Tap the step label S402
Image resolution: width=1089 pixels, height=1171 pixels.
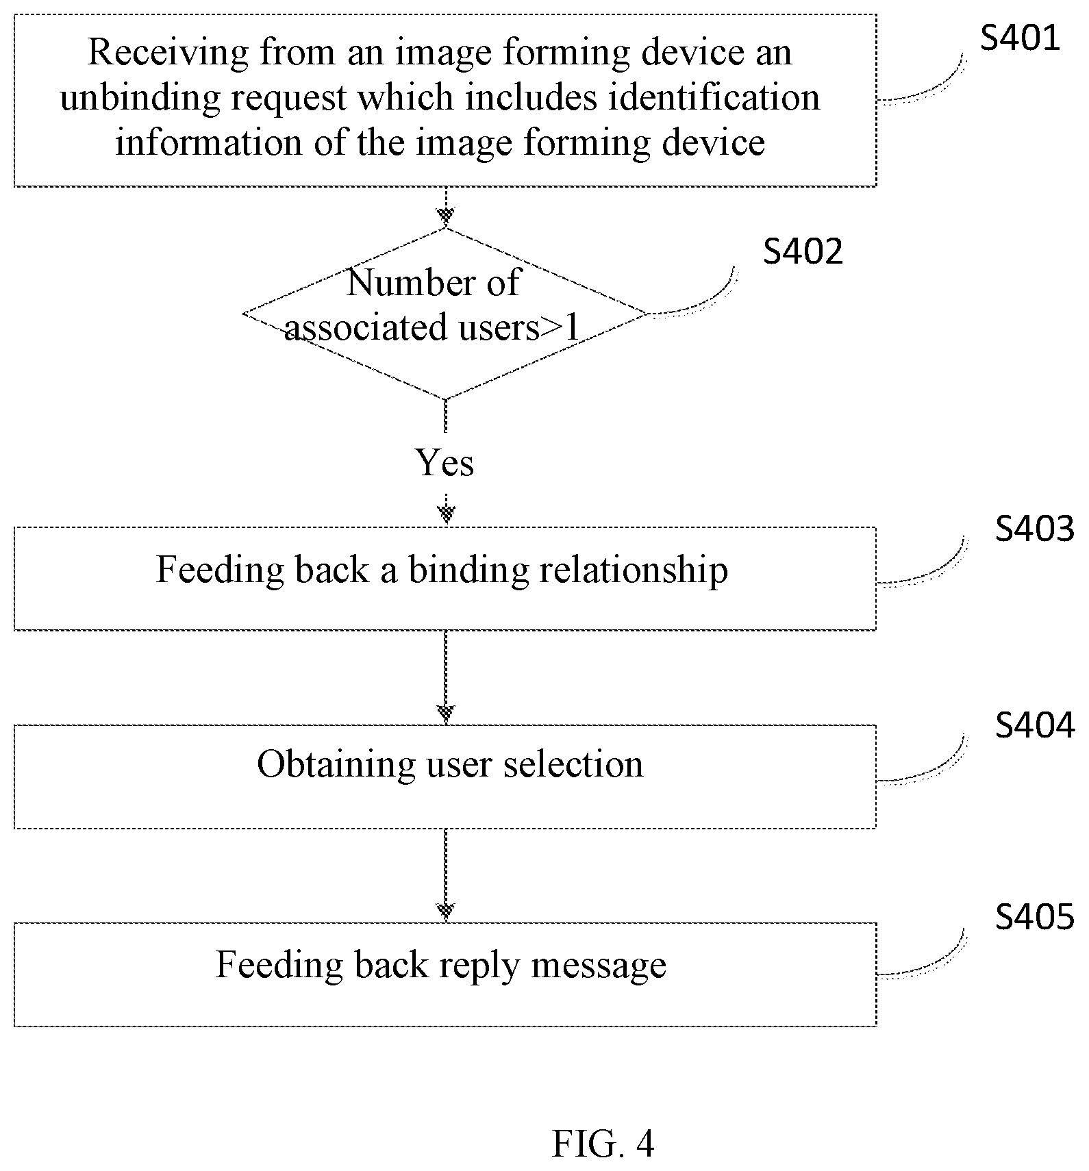pyautogui.click(x=803, y=251)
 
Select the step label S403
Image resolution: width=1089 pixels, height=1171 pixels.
pyautogui.click(x=1035, y=529)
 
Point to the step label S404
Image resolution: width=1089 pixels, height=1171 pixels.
pyautogui.click(x=1035, y=725)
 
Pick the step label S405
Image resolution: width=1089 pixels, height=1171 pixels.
pyautogui.click(x=1035, y=916)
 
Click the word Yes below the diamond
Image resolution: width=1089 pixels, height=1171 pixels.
pyautogui.click(x=445, y=463)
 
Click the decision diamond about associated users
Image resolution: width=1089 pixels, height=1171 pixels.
pyautogui.click(x=445, y=314)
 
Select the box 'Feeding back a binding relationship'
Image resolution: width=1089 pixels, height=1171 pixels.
pyautogui.click(x=445, y=579)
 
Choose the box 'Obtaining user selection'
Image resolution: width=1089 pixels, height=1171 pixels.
pyautogui.click(x=445, y=777)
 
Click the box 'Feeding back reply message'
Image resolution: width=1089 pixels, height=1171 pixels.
pyautogui.click(x=445, y=974)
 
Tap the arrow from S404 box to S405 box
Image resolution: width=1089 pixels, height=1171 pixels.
pyautogui.click(x=446, y=875)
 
